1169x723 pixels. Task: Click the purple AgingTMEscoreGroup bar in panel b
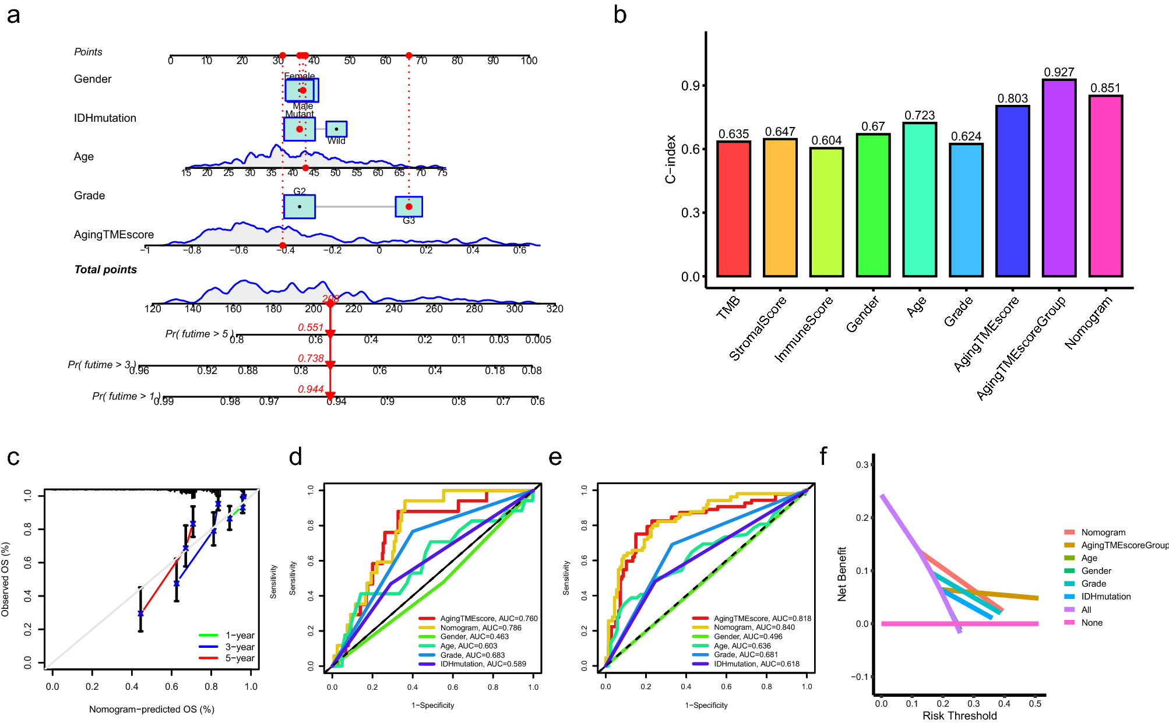point(1059,178)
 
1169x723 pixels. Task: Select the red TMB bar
point(733,209)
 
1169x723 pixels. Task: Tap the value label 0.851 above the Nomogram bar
point(1105,88)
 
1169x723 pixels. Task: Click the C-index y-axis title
point(671,159)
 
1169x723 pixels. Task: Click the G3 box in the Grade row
point(409,207)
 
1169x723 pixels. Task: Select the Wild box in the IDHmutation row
point(336,129)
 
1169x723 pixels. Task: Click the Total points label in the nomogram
point(105,269)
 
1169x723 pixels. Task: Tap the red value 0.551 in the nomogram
point(310,327)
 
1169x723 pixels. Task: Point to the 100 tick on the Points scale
point(529,61)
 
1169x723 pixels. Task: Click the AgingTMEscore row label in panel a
point(114,234)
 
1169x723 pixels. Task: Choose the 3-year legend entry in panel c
point(240,647)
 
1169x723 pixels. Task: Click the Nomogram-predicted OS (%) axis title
point(152,709)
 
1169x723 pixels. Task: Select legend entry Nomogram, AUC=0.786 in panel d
point(480,627)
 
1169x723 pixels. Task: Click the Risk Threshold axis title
point(959,715)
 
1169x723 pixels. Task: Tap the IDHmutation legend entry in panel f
point(1105,597)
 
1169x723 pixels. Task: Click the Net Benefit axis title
point(841,574)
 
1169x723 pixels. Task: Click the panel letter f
point(823,456)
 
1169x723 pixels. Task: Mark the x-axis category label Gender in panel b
point(862,315)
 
